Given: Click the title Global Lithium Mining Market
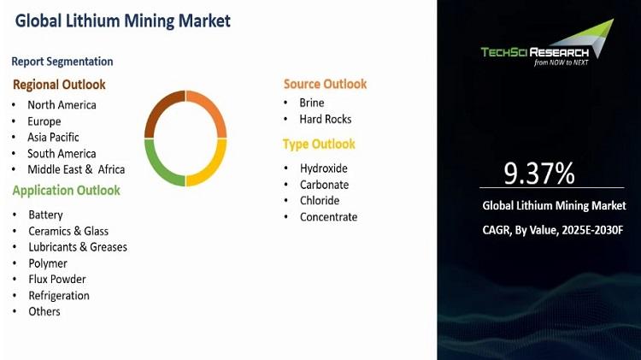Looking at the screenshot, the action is point(122,21).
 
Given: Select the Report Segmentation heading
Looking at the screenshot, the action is point(62,62).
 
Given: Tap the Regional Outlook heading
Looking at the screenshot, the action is point(59,85).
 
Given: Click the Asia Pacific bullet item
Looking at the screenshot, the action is point(53,138).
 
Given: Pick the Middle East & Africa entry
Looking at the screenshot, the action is point(76,169).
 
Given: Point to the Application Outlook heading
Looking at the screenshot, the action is point(66,191).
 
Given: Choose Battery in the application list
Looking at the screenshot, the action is point(45,215).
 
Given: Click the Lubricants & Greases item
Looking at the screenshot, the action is point(78,247).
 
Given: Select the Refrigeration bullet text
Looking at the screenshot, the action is point(59,296).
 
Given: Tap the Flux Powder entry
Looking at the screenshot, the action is point(56,280).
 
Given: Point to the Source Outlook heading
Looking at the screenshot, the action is point(325,85).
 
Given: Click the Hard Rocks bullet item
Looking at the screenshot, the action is point(326,119).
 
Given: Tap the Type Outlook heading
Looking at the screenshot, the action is point(319,145).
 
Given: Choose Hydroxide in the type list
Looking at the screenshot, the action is point(324,168).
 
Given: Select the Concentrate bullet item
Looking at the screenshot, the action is point(329,217).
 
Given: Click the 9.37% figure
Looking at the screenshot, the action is point(538,173).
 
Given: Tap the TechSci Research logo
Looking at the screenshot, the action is point(547,43).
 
